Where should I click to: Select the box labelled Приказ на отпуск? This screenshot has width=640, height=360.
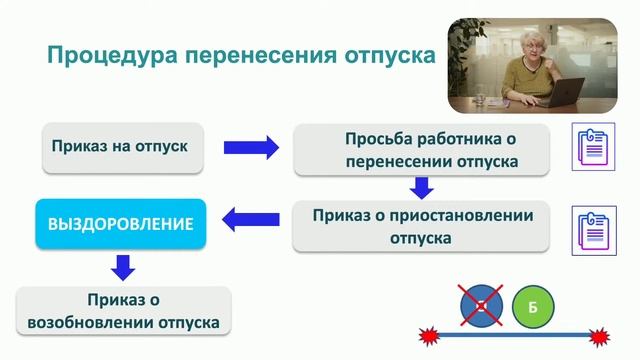coord(116,148)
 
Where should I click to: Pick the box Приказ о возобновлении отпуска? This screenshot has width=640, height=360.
coord(124,312)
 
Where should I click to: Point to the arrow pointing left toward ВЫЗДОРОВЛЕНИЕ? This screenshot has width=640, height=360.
coord(250,217)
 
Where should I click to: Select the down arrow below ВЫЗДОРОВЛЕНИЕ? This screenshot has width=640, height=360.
coord(121,268)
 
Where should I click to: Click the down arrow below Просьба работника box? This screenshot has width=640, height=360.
coord(421,187)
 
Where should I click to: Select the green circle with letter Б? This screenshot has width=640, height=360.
coord(533,307)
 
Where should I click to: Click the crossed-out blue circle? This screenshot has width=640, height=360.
coord(482,307)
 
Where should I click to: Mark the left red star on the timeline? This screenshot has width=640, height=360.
coord(431,335)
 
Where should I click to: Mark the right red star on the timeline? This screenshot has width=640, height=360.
coord(600,335)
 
